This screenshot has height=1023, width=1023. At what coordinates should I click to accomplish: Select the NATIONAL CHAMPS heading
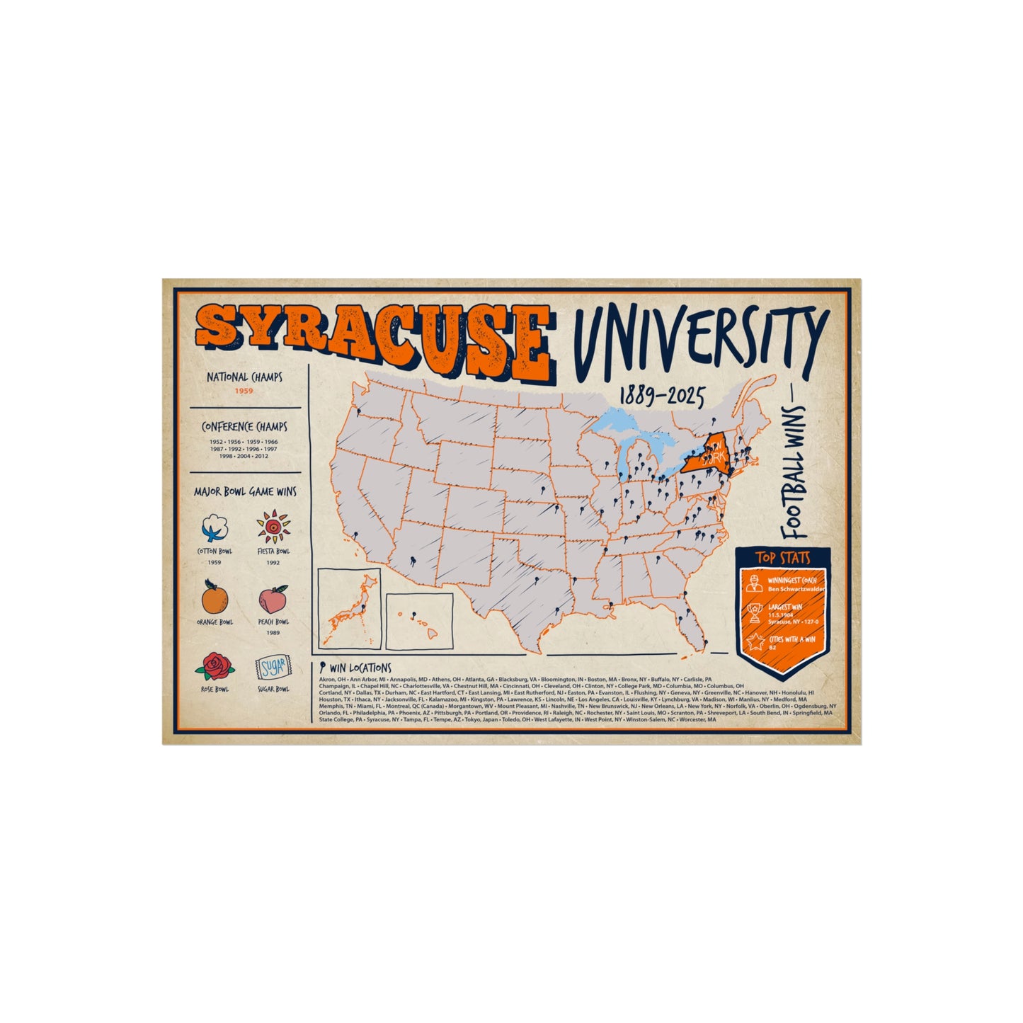[x=244, y=377]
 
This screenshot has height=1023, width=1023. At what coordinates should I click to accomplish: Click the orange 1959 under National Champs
[x=244, y=391]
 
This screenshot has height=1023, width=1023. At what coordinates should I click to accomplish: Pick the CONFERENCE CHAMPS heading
[x=244, y=427]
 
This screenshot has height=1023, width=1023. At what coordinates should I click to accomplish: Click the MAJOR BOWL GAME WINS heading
[x=245, y=491]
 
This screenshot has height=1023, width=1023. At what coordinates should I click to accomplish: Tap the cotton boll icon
[x=214, y=527]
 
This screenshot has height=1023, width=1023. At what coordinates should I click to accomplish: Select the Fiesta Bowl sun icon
[x=273, y=527]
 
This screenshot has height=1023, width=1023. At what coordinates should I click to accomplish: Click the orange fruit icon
[x=215, y=598]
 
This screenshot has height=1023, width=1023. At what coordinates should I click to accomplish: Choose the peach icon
[x=273, y=599]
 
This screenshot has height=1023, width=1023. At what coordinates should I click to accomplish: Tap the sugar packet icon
[x=273, y=668]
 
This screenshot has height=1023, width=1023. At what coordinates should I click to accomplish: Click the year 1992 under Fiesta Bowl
[x=273, y=563]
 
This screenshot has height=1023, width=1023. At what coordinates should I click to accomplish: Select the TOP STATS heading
[x=782, y=558]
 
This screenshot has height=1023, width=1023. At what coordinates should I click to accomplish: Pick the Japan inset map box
[x=349, y=608]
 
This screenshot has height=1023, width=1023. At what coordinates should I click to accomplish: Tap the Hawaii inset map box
[x=419, y=621]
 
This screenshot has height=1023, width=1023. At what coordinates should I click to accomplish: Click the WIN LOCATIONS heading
[x=360, y=668]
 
